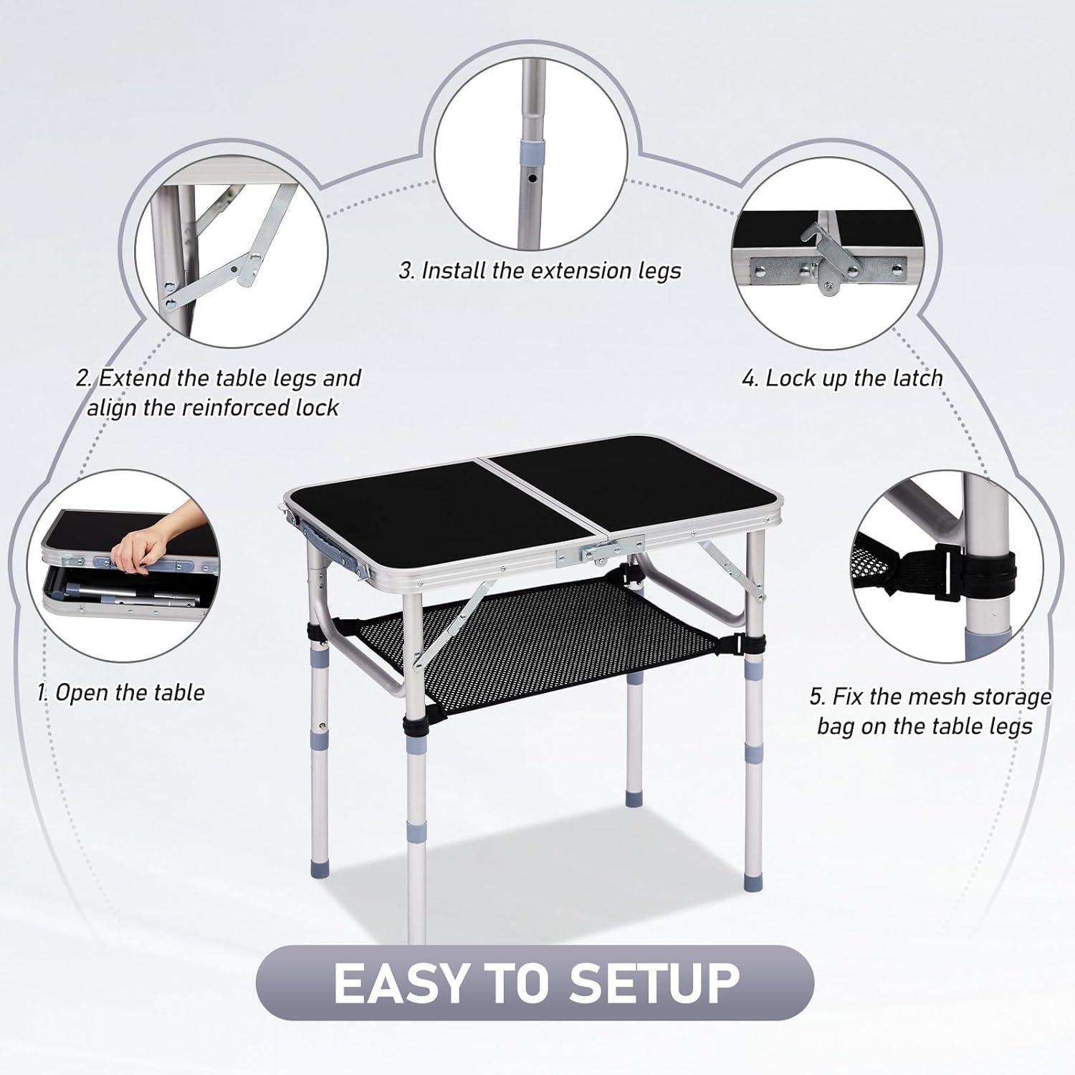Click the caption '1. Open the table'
coord(121,693)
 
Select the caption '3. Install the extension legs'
coord(540,271)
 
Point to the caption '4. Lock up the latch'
coord(842,378)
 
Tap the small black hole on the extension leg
coord(531,176)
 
